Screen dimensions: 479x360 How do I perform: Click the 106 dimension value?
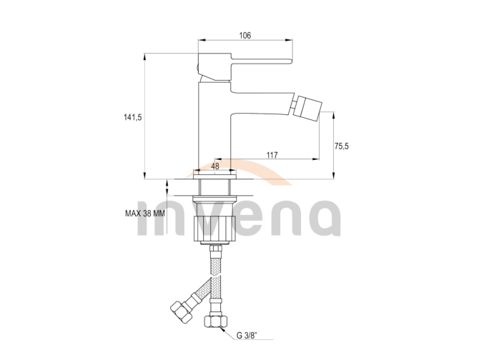point(245,36)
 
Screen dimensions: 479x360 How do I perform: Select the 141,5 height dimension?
point(132,117)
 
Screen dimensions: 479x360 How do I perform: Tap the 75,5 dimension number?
point(342,146)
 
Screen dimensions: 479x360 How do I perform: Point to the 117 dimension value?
point(272,155)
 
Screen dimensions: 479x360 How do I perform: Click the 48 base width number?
point(215,166)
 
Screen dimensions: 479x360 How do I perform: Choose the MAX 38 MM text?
point(145,214)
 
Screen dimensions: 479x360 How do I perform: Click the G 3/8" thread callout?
point(247,336)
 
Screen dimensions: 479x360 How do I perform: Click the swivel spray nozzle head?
point(309,109)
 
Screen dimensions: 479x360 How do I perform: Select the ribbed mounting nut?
point(214,227)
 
